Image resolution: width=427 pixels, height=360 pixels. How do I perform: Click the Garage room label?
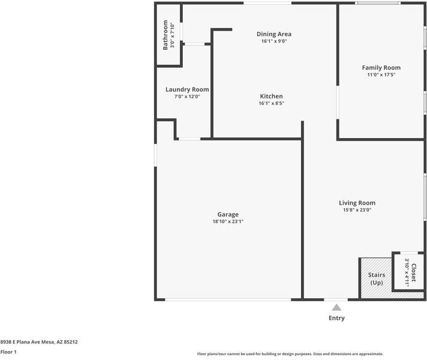tap(228, 214)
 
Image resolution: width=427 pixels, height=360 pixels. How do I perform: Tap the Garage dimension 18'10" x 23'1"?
tap(228, 222)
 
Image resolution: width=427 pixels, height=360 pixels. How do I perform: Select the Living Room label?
tap(357, 203)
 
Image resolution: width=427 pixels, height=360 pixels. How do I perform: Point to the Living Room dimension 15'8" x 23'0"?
tap(357, 211)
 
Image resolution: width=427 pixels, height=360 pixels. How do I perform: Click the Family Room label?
tap(381, 68)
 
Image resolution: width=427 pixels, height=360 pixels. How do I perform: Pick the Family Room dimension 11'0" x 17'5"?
tap(381, 75)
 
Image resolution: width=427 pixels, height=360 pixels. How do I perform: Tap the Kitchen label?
tap(271, 96)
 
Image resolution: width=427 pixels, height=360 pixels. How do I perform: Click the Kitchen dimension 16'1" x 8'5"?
tap(271, 103)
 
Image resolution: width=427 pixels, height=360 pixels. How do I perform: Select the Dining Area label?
tap(274, 34)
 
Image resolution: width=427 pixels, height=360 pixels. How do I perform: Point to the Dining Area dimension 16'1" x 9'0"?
tap(274, 41)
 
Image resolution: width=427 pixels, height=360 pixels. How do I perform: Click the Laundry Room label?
tap(187, 89)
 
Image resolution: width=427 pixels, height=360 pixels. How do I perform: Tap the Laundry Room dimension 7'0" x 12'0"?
tap(187, 97)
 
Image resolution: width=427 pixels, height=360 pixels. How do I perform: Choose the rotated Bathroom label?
tap(166, 35)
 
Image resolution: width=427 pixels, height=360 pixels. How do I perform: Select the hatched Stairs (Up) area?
tap(376, 278)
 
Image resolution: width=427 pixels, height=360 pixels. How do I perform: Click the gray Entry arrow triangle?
tap(336, 307)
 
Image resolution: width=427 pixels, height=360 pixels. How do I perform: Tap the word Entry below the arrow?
tap(336, 318)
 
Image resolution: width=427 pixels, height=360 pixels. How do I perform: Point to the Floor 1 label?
tap(8, 352)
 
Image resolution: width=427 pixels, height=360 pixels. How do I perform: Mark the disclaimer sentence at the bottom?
tap(290, 354)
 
